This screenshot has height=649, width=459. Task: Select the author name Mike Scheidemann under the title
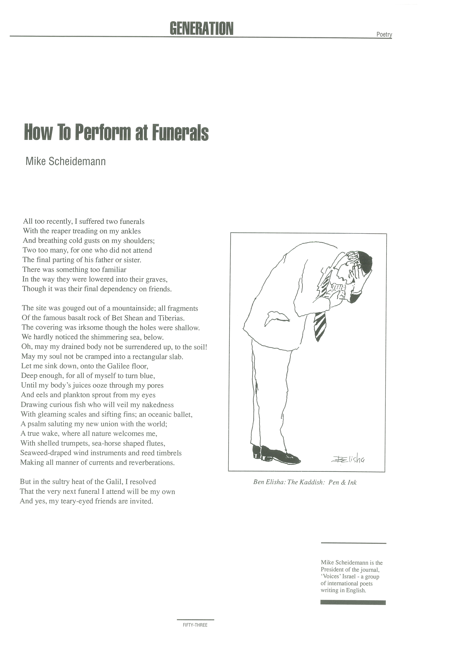pyautogui.click(x=66, y=161)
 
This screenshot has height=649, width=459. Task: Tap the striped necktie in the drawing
pyautogui.click(x=320, y=326)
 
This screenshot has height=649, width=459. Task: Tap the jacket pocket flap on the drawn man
pyautogui.click(x=276, y=317)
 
